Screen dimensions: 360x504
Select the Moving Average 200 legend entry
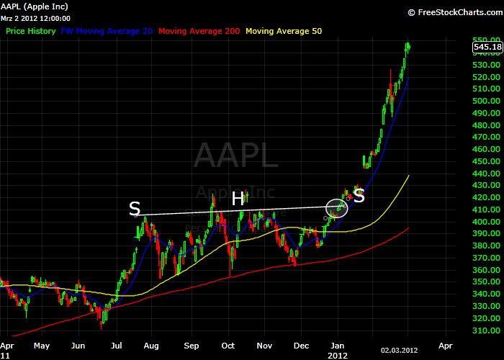point(199,31)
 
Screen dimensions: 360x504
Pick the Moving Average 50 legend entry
point(284,31)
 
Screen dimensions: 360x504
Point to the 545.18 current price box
point(487,48)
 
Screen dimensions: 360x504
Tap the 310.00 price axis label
point(487,330)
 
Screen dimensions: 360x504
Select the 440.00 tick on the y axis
point(487,174)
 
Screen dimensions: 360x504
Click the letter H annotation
point(238,198)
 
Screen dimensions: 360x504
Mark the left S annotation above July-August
point(135,209)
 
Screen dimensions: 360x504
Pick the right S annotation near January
point(359,195)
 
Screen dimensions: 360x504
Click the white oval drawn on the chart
point(337,208)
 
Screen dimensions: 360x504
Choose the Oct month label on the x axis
point(229,346)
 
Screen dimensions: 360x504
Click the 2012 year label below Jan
point(338,355)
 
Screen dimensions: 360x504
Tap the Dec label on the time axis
point(302,346)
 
